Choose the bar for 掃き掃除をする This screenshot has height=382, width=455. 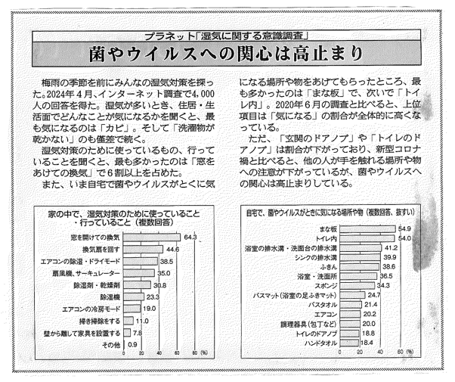(123, 321)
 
